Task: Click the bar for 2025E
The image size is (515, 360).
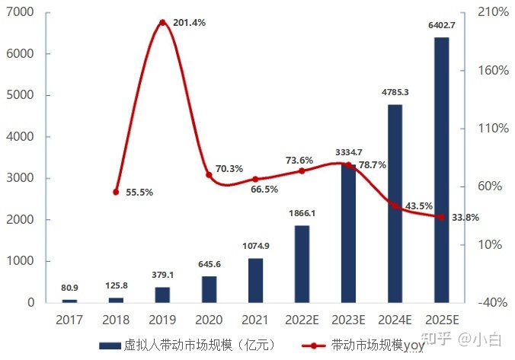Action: (441, 169)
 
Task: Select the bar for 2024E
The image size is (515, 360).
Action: (395, 203)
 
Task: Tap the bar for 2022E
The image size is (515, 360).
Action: (302, 263)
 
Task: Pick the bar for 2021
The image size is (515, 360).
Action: (255, 280)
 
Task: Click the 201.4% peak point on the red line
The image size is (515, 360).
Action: (162, 23)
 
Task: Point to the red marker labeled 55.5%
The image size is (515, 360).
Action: (116, 192)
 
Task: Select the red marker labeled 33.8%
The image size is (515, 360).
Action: (441, 217)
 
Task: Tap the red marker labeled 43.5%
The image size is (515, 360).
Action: (395, 205)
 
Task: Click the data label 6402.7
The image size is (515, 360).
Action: (441, 26)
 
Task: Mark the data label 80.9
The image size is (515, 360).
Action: (70, 288)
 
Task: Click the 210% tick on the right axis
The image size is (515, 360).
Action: (492, 12)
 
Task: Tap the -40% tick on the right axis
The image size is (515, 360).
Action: (492, 302)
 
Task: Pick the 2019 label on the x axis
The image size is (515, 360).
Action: (162, 319)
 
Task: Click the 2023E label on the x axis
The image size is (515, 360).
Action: (348, 319)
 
